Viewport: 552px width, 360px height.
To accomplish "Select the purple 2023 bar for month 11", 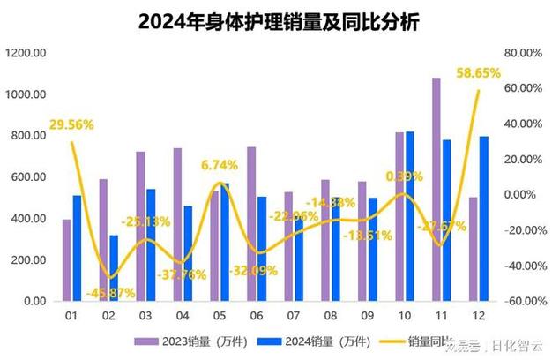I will pos(436,189).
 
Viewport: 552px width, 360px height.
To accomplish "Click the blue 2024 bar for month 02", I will pos(113,267).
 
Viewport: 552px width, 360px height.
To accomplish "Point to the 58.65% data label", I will pos(478,73).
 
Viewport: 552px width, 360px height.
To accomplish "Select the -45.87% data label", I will pos(111,292).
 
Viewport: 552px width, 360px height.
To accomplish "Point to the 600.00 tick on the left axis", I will pos(28,177).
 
